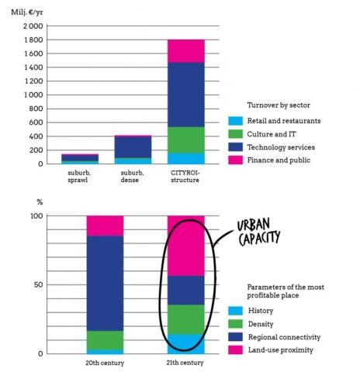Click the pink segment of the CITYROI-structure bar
[186, 50]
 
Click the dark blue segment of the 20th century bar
[105, 283]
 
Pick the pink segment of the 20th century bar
[105, 226]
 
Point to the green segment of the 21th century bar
[186, 319]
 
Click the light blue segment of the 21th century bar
[186, 344]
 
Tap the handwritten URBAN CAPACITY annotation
[261, 229]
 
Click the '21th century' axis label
[186, 362]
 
